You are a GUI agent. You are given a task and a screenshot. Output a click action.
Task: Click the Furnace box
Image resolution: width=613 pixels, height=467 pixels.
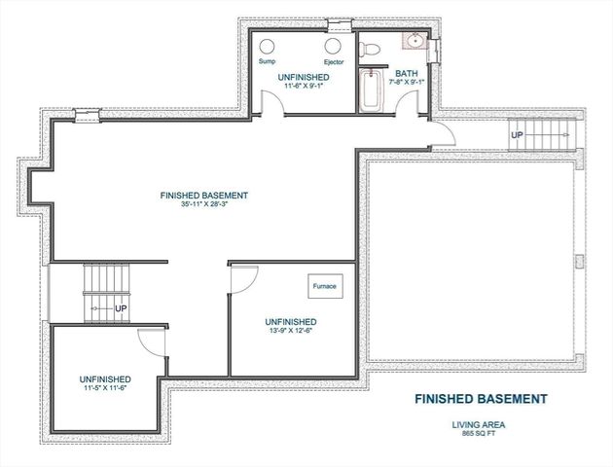(x=324, y=287)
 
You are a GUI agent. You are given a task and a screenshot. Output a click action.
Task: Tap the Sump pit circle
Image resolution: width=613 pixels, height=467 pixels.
(x=267, y=46)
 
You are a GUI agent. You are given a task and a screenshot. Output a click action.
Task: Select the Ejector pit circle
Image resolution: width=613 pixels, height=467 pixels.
(x=333, y=46)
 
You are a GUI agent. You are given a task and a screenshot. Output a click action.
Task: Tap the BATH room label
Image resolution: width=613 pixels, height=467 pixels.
(x=406, y=73)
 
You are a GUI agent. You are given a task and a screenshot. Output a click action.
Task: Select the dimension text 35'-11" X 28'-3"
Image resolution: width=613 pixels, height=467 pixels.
(x=204, y=205)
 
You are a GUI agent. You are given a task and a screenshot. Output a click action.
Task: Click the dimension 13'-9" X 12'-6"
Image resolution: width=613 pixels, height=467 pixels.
(x=291, y=332)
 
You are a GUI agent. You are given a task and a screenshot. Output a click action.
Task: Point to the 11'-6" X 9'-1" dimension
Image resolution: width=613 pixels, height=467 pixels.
(x=302, y=86)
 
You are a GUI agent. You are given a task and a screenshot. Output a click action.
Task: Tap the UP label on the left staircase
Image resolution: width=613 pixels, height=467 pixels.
(x=122, y=308)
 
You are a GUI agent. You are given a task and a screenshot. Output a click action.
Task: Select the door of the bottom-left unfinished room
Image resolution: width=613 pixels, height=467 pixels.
(x=151, y=341)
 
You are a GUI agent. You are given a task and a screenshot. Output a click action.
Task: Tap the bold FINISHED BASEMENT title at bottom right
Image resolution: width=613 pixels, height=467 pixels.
(x=481, y=399)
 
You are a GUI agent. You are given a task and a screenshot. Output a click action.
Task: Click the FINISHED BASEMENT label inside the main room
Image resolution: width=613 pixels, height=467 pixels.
(x=204, y=196)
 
